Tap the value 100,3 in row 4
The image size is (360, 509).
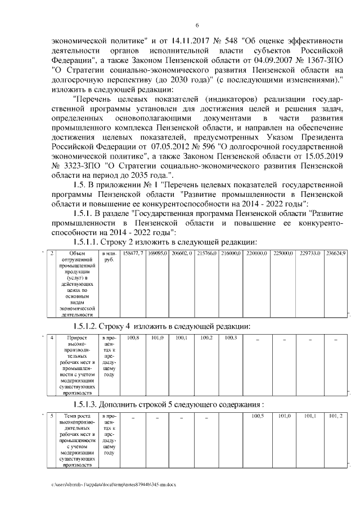point(229,338)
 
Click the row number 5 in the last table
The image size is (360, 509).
point(51,416)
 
